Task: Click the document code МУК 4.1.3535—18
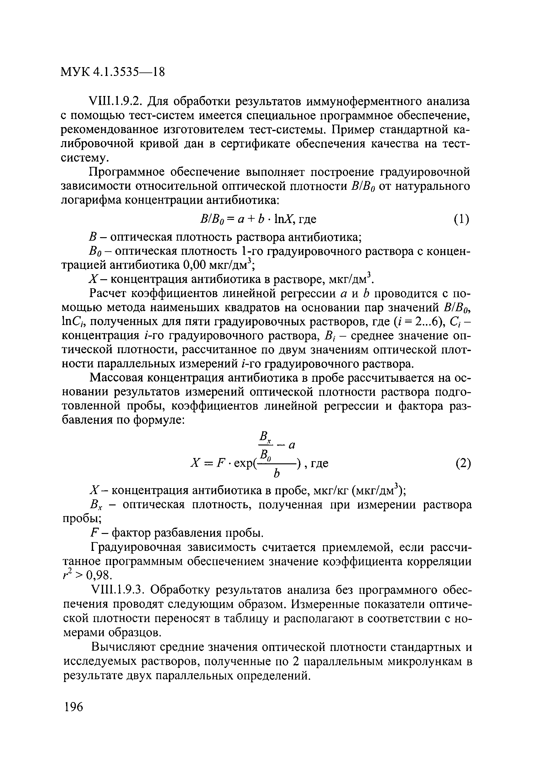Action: click(x=113, y=72)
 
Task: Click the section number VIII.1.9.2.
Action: click(x=116, y=101)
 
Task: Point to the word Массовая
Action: click(x=116, y=378)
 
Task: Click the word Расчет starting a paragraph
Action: click(x=108, y=294)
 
